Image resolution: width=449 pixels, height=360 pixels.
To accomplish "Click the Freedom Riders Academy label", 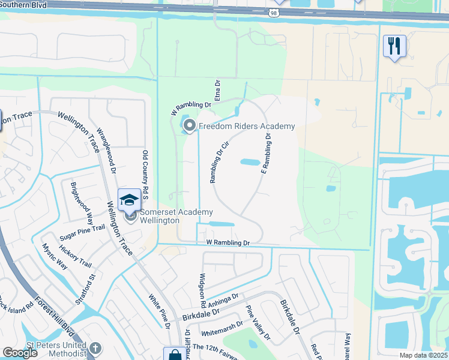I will tap(247, 126).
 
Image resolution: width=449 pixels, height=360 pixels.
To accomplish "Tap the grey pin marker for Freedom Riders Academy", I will tap(190, 126).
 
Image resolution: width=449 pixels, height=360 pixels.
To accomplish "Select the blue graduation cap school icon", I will tap(129, 199).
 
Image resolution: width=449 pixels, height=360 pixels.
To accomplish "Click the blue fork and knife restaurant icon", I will tap(394, 46).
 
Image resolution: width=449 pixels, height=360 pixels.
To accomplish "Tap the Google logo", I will tap(20, 353).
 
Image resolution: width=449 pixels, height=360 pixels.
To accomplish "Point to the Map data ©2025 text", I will tap(424, 355).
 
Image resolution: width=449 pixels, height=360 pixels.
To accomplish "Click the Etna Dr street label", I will tap(218, 92).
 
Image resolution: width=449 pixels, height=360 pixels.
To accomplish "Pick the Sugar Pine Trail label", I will tap(82, 234).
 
